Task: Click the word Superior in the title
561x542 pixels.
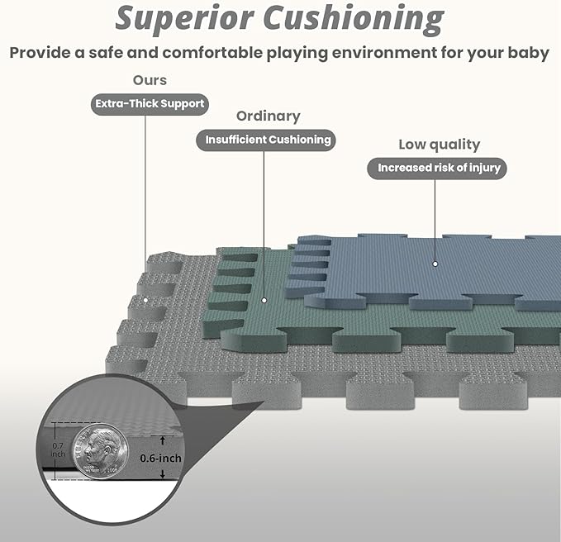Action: [x=184, y=19]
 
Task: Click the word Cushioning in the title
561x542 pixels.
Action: [x=354, y=19]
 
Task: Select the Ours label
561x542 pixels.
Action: [x=150, y=80]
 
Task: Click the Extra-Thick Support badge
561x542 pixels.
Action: [x=150, y=104]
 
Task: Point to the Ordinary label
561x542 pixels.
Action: [x=269, y=116]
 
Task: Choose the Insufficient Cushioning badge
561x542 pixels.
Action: [x=266, y=140]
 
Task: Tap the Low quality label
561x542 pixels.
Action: [x=440, y=145]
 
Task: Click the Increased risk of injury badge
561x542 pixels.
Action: [x=437, y=169]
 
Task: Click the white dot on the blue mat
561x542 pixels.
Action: [x=435, y=264]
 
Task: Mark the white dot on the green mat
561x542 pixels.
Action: [x=264, y=300]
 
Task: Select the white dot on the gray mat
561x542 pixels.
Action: [x=145, y=300]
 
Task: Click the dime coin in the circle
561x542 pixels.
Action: [x=100, y=451]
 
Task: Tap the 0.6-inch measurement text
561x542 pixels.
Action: [x=160, y=459]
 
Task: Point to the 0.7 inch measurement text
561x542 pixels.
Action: [x=58, y=449]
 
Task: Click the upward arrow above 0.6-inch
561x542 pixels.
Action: [x=163, y=440]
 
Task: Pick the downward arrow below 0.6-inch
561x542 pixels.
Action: [x=163, y=473]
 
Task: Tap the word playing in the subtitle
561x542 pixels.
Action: [x=297, y=54]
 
